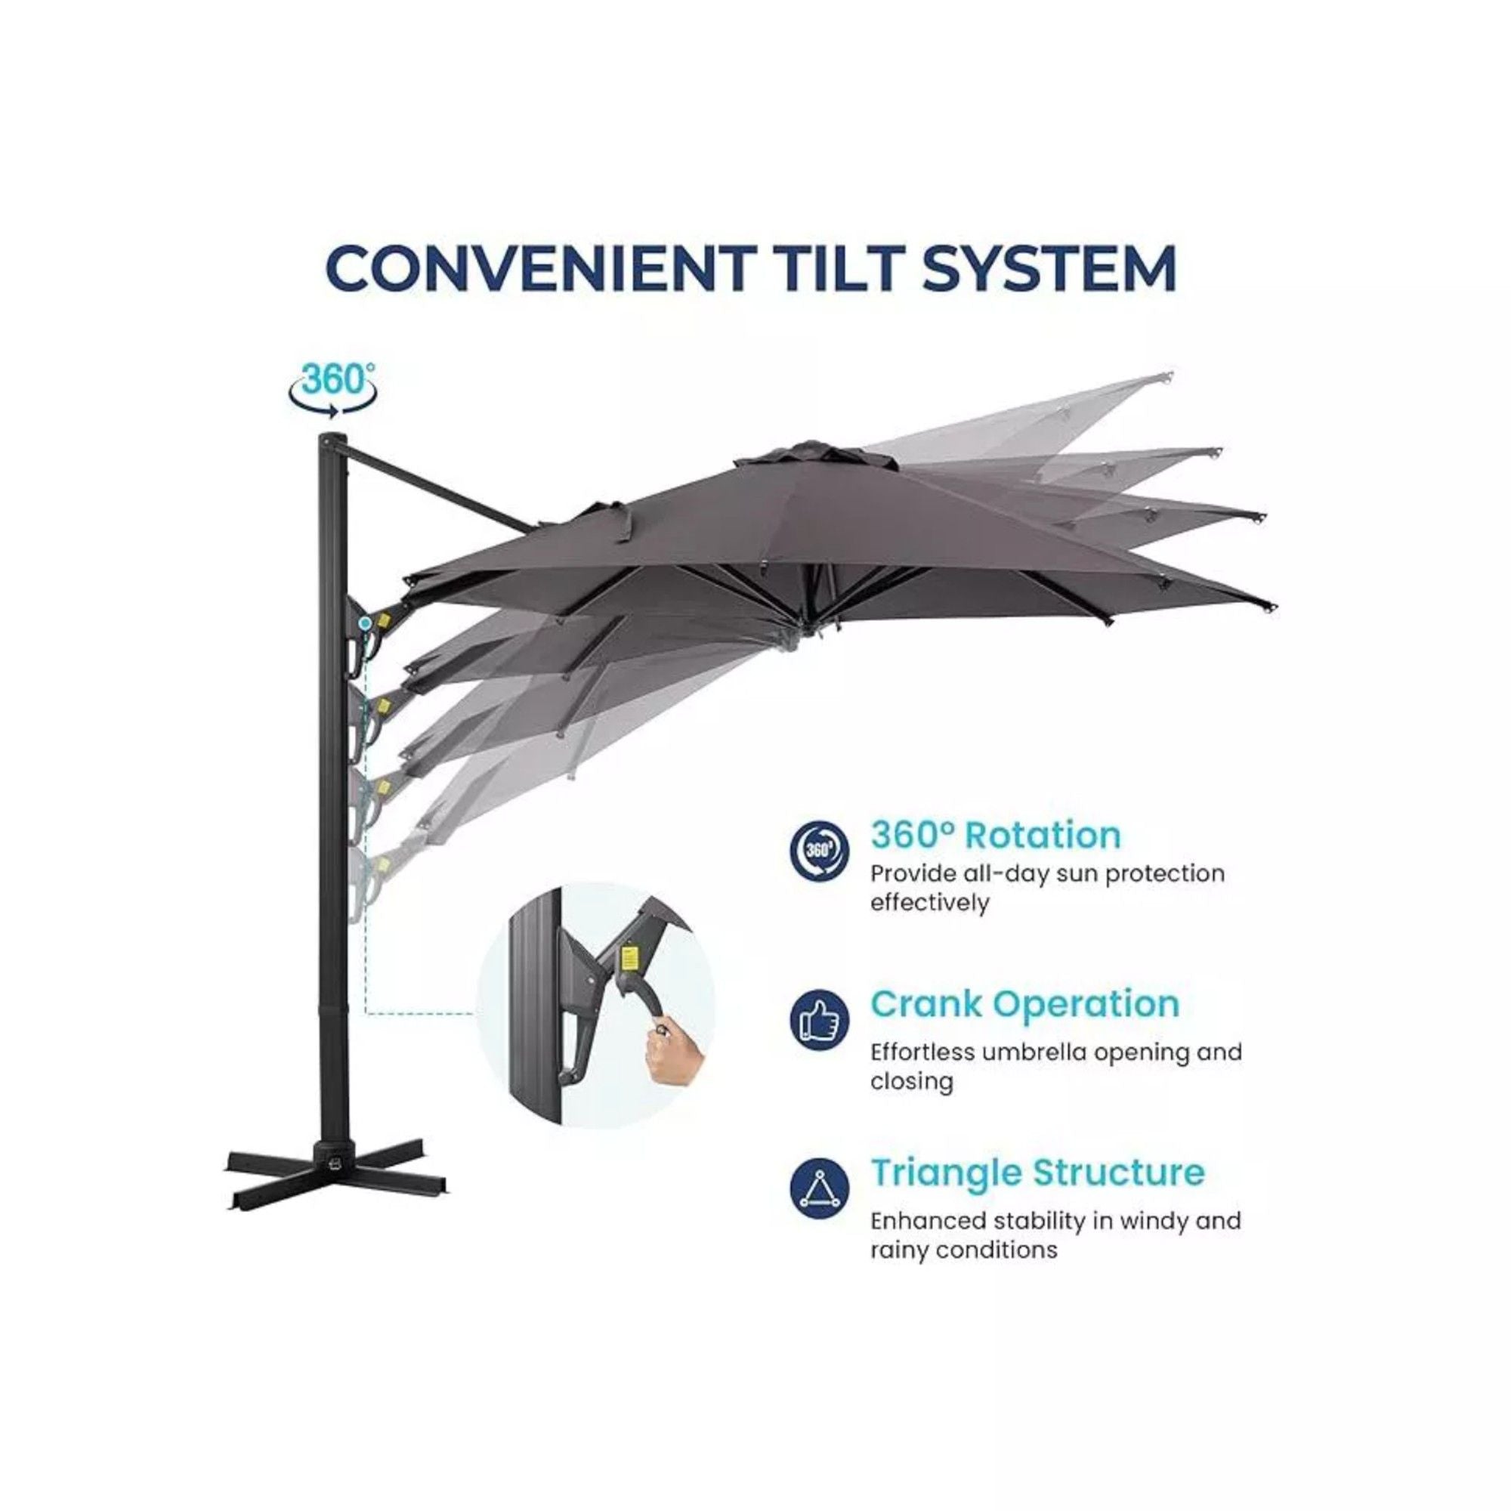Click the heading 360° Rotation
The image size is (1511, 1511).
tap(996, 836)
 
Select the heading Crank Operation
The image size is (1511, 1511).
tap(1024, 1004)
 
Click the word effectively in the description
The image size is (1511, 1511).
tap(930, 904)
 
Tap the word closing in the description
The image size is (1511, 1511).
tap(911, 1082)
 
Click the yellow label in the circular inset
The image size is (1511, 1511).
tap(626, 957)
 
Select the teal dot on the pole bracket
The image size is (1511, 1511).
tap(365, 623)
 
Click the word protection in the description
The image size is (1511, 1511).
tap(1169, 873)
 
